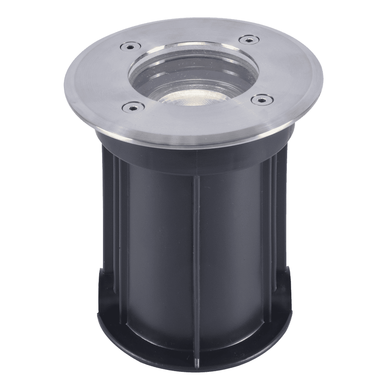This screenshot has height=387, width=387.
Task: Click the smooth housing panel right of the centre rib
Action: coord(232,248)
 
